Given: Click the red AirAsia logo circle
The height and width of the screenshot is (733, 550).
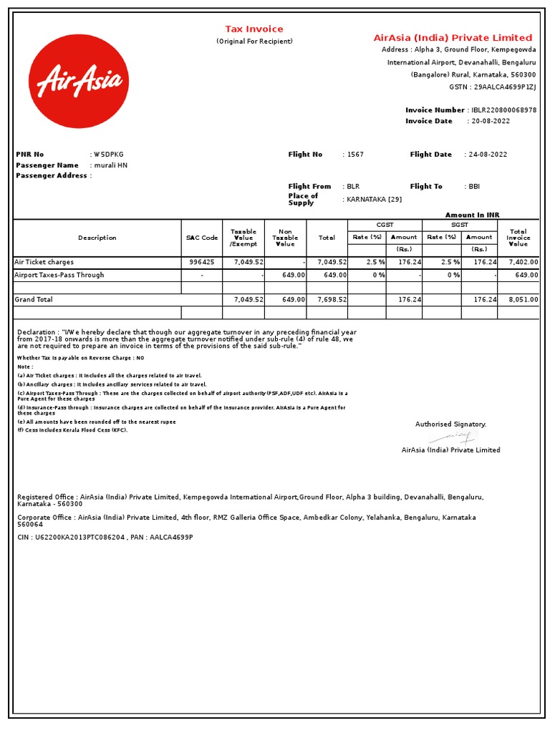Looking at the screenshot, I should point(79,82).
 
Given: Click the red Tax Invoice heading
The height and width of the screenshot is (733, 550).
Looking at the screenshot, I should point(254,29).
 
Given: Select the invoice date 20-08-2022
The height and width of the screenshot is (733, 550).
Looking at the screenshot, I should point(490,122).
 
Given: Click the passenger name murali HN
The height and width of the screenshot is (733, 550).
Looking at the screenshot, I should point(111,165).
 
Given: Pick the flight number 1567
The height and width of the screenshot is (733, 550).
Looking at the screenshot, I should point(355,155).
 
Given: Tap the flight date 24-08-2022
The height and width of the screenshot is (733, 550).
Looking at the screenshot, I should point(490,155).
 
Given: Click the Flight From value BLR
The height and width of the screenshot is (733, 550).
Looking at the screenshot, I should point(353,187).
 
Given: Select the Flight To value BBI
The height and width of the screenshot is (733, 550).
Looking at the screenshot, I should point(474,187).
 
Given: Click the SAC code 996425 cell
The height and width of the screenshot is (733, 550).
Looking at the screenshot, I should point(201,263).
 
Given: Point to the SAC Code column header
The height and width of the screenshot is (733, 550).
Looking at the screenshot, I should point(201,238).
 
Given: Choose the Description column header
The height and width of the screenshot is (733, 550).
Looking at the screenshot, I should point(97,238).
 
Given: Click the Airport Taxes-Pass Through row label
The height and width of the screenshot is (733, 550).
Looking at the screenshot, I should point(59,275).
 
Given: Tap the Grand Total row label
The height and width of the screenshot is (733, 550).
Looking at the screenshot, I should point(34,300).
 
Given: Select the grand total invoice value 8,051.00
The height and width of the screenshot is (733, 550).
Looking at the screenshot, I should point(523,300).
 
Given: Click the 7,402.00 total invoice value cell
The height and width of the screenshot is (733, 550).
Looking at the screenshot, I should point(523,263).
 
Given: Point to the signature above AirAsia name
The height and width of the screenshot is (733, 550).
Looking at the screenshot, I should point(451,436).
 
